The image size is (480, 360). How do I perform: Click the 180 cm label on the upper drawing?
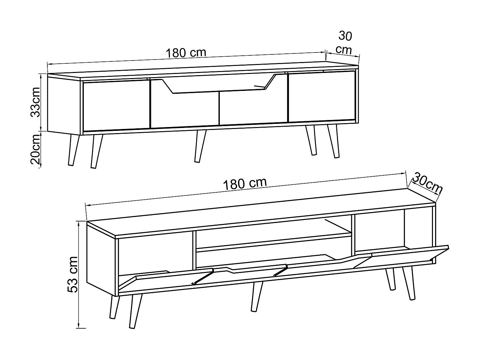tap(186, 52)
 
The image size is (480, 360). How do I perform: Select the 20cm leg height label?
tap(35, 149)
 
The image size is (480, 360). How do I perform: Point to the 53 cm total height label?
tap(73, 275)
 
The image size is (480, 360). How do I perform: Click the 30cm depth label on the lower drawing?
tap(427, 183)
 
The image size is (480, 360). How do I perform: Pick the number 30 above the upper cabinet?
tap(345, 36)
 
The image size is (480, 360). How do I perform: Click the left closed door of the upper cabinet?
tap(116, 106)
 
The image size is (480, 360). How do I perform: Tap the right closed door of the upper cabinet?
tap(322, 96)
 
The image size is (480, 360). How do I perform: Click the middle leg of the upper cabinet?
tap(200, 146)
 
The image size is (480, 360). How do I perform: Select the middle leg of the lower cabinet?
tap(257, 296)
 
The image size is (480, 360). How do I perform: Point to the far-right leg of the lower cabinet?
tap(409, 284)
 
